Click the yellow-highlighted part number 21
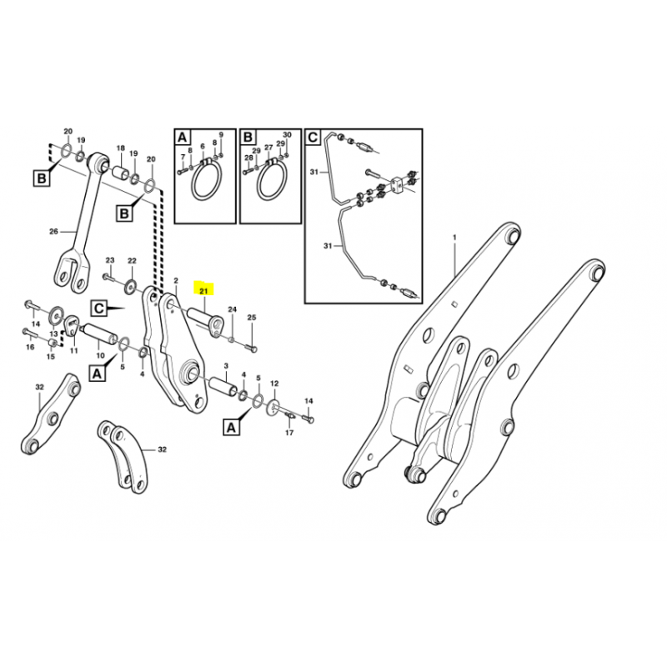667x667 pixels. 203,291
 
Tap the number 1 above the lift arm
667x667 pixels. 454,237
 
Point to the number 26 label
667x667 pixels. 53,232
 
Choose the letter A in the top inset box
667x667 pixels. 182,138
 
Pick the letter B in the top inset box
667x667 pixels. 248,138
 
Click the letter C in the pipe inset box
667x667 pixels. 313,138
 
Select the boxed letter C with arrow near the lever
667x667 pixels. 99,308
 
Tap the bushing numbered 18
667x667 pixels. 121,174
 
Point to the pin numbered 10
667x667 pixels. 100,333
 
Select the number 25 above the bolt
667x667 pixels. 252,318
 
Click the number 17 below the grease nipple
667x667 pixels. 289,433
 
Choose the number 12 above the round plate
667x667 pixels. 274,384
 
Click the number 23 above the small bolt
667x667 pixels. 110,260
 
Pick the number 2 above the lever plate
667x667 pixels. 176,280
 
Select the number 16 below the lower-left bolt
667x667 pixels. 30,347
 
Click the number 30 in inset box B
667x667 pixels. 287,134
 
